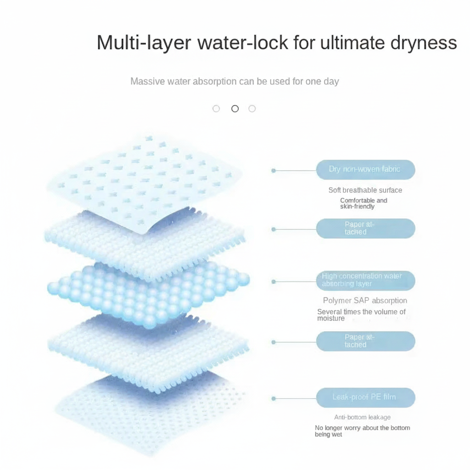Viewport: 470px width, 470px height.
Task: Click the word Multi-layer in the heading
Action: pyautogui.click(x=144, y=43)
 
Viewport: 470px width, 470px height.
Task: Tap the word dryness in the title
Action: pyautogui.click(x=424, y=43)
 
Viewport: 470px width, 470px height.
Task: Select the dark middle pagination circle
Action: pyautogui.click(x=235, y=108)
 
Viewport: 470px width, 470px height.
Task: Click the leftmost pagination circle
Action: pyautogui.click(x=216, y=108)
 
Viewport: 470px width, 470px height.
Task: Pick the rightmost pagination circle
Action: pyautogui.click(x=252, y=108)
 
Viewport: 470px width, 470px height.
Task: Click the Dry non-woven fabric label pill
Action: pyautogui.click(x=366, y=170)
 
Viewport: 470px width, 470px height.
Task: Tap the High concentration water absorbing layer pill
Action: pyautogui.click(x=366, y=280)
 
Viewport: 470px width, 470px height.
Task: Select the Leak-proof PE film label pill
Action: pyautogui.click(x=366, y=397)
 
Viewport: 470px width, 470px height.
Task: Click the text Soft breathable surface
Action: pyautogui.click(x=365, y=190)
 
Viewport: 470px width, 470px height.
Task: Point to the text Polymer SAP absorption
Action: pyautogui.click(x=365, y=300)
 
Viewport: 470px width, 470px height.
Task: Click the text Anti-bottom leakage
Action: pyautogui.click(x=363, y=417)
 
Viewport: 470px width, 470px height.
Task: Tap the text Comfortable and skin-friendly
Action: pyautogui.click(x=364, y=203)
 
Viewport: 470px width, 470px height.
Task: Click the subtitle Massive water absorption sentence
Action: pyautogui.click(x=235, y=81)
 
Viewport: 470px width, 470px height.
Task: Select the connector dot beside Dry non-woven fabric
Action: pyautogui.click(x=274, y=171)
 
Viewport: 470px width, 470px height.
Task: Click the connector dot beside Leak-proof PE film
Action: pyautogui.click(x=274, y=398)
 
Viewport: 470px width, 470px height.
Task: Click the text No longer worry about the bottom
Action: pyautogui.click(x=363, y=428)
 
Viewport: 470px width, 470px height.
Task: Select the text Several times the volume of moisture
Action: pyautogui.click(x=362, y=315)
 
